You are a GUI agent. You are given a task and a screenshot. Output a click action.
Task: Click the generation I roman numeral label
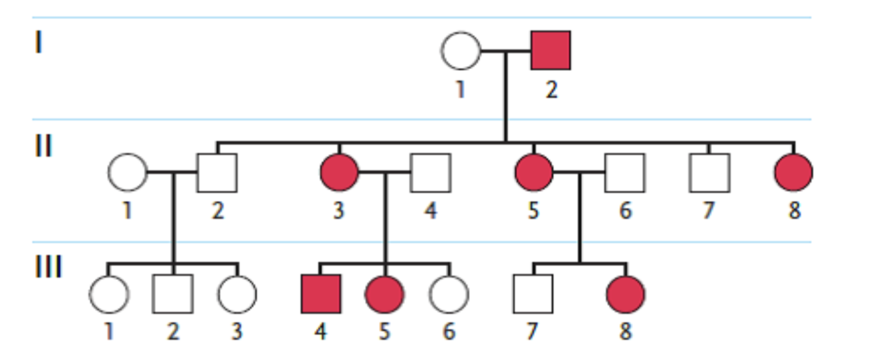(x=38, y=43)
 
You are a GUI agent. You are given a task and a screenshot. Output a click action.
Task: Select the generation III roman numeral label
(x=47, y=268)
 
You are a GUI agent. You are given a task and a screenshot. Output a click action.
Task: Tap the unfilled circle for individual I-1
(x=460, y=51)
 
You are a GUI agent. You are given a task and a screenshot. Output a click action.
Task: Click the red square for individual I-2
(x=550, y=51)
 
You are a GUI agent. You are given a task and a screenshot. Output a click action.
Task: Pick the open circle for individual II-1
(x=127, y=173)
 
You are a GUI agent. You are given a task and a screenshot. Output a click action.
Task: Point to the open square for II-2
(x=217, y=173)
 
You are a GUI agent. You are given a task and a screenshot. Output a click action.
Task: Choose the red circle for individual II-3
(x=339, y=173)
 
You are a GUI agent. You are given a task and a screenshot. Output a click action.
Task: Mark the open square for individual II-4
(x=430, y=173)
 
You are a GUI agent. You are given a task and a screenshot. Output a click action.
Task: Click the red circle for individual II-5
(x=534, y=173)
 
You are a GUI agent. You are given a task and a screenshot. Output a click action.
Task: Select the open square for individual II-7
(x=710, y=173)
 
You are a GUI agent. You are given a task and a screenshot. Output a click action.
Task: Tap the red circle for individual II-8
(x=793, y=173)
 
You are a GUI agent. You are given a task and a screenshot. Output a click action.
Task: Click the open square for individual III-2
(x=172, y=294)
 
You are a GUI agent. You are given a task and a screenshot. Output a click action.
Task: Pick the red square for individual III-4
(x=321, y=294)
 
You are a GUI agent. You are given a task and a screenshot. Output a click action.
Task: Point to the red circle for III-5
(x=385, y=294)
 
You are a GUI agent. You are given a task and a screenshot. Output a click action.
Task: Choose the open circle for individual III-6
(x=449, y=294)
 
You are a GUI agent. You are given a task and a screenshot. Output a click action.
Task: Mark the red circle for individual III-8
(x=626, y=294)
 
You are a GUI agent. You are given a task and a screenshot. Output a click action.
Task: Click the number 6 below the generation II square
(x=625, y=210)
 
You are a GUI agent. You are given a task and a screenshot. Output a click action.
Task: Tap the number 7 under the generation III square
(x=531, y=332)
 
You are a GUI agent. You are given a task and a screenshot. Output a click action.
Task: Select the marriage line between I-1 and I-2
(x=505, y=52)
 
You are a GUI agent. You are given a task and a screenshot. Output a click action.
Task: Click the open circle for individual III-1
(x=108, y=294)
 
